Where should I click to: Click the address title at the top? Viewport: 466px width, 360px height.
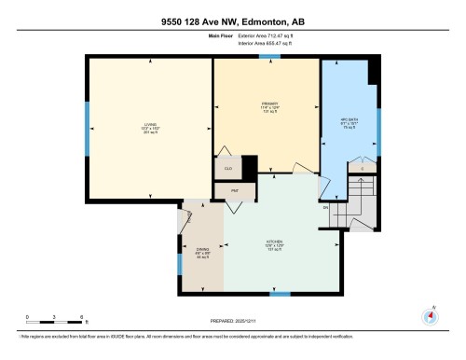click(x=232, y=21)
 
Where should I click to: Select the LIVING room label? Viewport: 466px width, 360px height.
click(x=150, y=128)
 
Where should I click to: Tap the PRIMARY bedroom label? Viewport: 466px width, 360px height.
click(x=270, y=106)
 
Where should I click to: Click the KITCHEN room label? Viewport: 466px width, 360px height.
click(x=274, y=247)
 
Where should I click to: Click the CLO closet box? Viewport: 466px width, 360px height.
click(x=228, y=168)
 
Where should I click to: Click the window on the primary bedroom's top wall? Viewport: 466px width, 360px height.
click(x=270, y=57)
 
